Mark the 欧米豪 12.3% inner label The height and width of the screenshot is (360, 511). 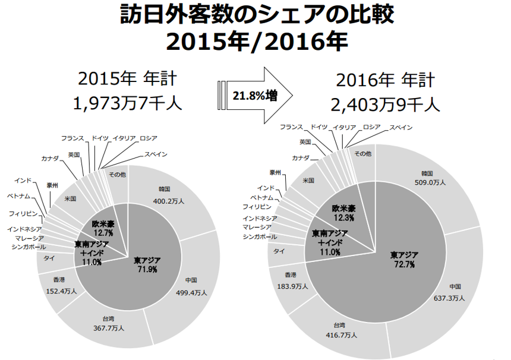coord(343,214)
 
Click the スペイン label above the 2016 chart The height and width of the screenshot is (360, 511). coord(402,128)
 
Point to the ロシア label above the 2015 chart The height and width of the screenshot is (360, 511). coord(149,138)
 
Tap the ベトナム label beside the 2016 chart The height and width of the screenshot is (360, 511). coord(262,197)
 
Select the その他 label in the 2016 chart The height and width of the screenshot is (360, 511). coord(362,154)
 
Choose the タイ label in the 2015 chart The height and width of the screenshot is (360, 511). coord(49,258)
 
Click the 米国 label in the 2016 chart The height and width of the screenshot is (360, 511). coord(308,180)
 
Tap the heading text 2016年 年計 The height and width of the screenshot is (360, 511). coord(385,80)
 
